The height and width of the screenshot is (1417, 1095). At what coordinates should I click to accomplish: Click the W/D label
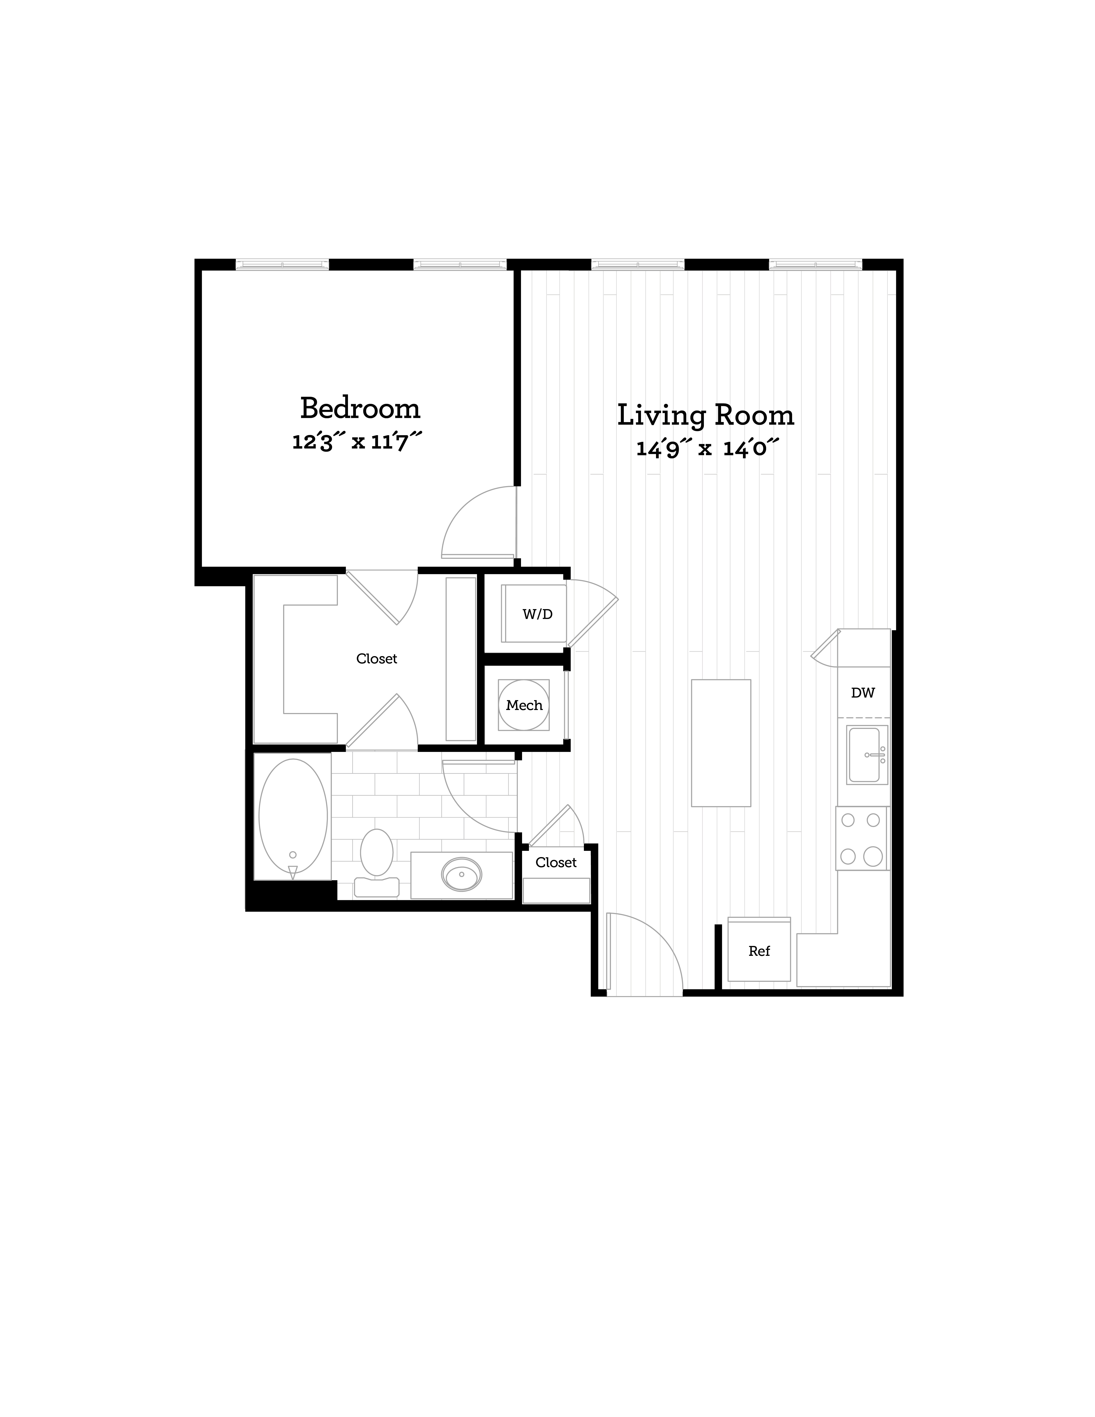[538, 614]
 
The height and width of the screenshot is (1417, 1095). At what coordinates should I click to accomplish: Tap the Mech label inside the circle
[524, 705]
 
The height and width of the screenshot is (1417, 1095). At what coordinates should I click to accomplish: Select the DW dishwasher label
[863, 693]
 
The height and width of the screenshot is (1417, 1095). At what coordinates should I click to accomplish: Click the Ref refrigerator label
[759, 951]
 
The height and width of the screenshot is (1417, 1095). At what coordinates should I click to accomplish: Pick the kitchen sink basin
[865, 755]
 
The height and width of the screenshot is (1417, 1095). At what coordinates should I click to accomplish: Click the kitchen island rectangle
[721, 743]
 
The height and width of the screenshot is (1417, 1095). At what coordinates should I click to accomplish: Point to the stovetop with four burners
[861, 838]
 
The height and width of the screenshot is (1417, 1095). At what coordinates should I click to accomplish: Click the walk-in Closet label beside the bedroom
[376, 658]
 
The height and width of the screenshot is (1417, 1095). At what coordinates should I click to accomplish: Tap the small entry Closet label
[556, 862]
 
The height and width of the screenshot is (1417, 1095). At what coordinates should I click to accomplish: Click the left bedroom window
[282, 264]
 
